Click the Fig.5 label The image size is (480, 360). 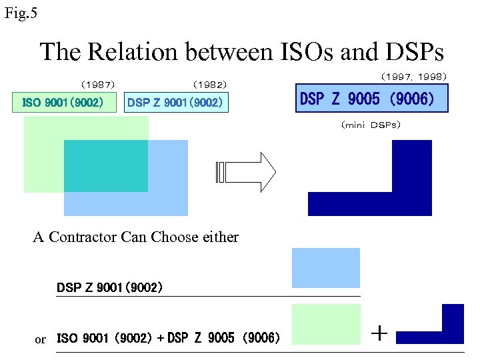click(21, 13)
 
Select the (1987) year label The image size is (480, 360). click(98, 85)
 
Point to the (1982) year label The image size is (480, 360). click(209, 85)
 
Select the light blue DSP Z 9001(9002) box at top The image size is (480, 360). click(176, 103)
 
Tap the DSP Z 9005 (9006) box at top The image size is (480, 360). click(371, 99)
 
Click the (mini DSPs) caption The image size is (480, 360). click(371, 125)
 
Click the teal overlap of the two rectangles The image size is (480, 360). click(105, 165)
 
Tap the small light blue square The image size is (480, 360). click(326, 267)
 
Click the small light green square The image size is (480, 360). click(326, 324)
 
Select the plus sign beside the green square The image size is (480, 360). click(379, 333)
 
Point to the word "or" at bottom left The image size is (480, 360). click(41, 340)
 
